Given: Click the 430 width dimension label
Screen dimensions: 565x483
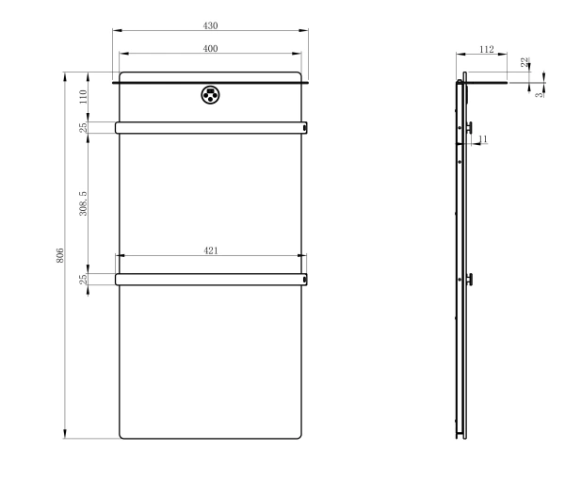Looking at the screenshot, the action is (210, 25).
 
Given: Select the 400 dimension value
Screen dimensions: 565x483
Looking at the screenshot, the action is (210, 49).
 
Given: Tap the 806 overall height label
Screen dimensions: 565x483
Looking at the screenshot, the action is (60, 255).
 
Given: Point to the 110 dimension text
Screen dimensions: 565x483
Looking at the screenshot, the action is (83, 97).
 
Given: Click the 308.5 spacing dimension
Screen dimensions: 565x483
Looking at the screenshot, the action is (83, 203).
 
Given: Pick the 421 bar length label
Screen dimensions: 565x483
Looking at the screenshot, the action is (211, 250).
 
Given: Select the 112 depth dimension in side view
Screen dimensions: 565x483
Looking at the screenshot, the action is (487, 49).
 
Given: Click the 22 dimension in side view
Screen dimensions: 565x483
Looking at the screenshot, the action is (525, 62).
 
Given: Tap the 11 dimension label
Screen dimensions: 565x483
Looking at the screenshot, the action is (483, 138).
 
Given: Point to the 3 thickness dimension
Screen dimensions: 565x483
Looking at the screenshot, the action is (539, 95).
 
